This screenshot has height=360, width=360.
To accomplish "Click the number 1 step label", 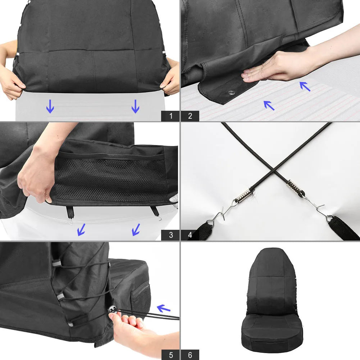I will point(170,116).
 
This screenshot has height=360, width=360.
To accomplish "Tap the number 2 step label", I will point(190,116).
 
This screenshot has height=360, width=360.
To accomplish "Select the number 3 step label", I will point(170,235).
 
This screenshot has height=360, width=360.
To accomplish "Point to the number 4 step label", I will point(190,235).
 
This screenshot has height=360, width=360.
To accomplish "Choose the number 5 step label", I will point(170,354).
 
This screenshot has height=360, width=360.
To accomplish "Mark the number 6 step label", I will point(190,354).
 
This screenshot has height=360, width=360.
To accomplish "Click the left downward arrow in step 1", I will point(50,106).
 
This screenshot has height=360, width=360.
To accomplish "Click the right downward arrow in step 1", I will point(135,106).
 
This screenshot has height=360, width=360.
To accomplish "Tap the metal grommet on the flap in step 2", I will point(231,93).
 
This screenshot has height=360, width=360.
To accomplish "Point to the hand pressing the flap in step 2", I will point(266,70).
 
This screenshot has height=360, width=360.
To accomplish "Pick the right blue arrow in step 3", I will point(136,229).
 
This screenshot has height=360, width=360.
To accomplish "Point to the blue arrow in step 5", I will point(164,308).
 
